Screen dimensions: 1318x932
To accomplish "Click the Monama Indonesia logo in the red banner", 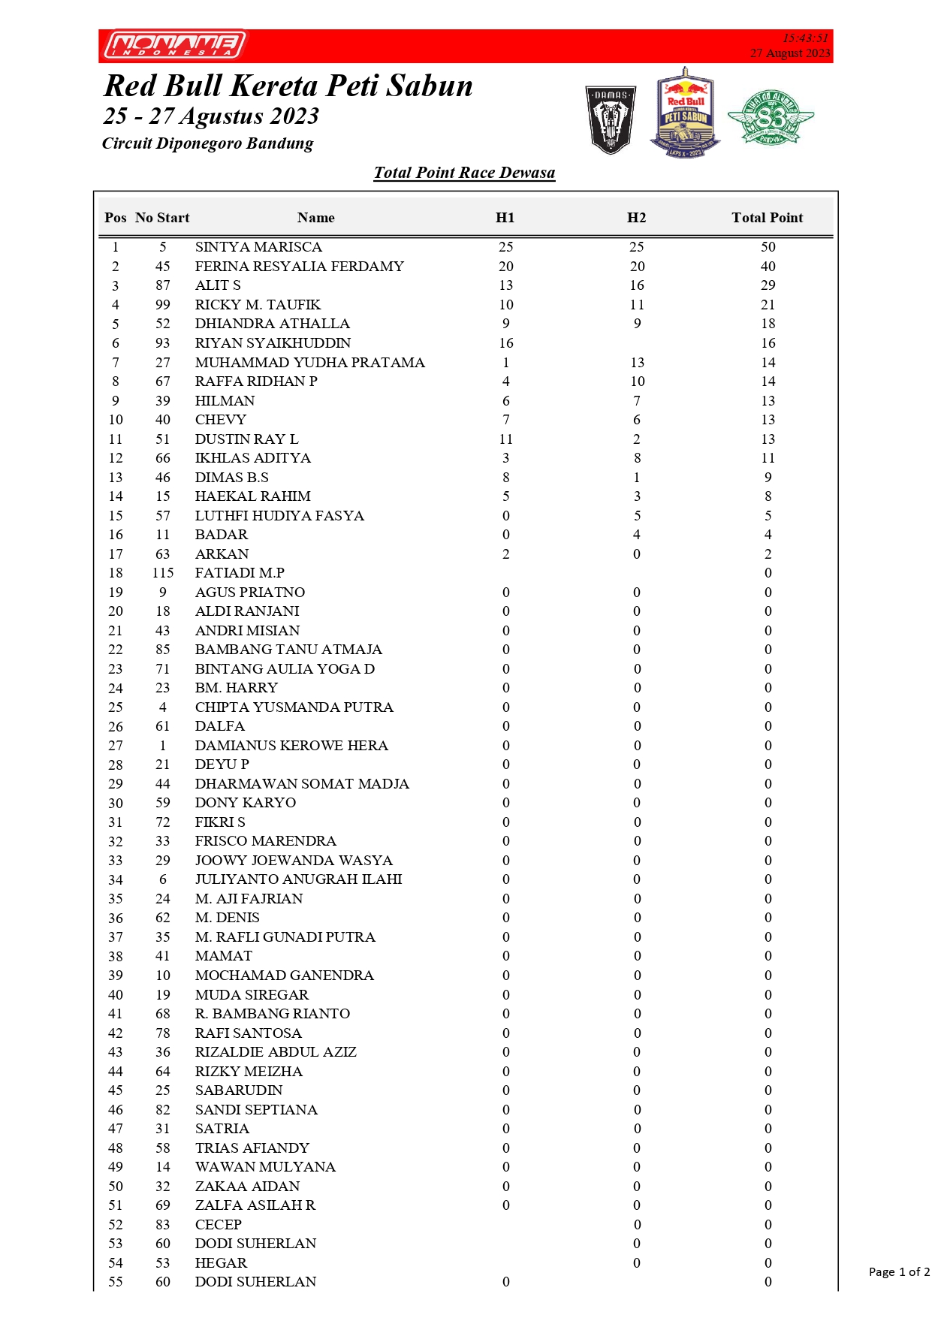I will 176,45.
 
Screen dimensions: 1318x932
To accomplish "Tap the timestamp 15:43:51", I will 805,38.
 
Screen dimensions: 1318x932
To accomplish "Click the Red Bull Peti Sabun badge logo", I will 685,113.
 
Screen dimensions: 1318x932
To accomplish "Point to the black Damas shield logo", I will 611,119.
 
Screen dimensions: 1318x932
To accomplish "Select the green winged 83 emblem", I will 771,117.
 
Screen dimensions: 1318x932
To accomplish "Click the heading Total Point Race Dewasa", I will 464,173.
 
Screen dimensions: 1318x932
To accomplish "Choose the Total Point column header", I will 767,218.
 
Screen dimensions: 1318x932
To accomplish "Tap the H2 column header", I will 636,218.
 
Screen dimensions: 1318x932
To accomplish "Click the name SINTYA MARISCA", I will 258,247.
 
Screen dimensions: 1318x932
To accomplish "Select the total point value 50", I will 768,247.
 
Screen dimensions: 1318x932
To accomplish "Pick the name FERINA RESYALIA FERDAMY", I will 299,267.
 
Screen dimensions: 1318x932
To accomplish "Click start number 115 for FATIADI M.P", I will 162,573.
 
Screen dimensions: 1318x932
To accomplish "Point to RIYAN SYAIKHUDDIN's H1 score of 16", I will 506,343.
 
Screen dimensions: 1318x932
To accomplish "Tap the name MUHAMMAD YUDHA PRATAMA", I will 309,363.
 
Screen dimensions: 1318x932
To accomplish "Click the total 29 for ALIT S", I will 768,285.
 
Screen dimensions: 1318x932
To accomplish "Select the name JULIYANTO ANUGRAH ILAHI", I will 298,879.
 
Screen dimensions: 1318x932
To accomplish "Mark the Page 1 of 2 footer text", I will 899,1271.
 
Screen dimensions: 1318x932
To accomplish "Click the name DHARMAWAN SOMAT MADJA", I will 302,784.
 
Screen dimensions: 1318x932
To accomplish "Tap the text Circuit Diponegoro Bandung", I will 207,143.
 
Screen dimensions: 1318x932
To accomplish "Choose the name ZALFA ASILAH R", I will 255,1205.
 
